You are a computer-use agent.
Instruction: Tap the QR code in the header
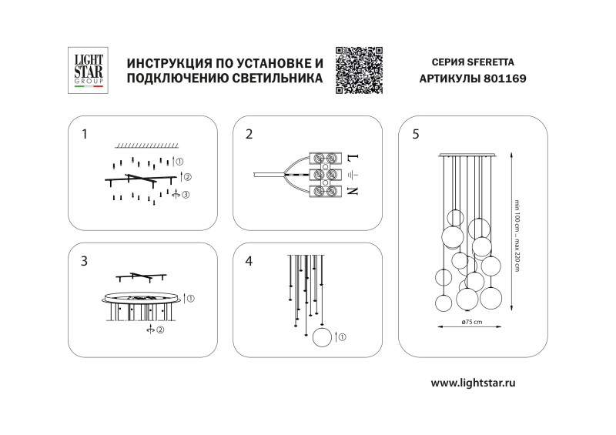pos(359,70)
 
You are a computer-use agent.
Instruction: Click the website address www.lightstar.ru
pos(473,383)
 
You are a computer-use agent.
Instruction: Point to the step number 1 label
pos(85,134)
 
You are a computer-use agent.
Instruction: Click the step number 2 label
pos(249,134)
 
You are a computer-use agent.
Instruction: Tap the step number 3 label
pos(85,261)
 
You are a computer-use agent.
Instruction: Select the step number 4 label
pos(249,261)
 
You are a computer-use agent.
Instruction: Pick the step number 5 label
pos(416,134)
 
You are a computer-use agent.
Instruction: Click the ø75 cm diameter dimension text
pos(471,320)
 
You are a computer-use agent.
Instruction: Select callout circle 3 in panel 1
pos(186,195)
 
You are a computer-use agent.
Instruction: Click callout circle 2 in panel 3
pos(161,331)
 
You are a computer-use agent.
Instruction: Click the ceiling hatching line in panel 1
pos(146,146)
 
